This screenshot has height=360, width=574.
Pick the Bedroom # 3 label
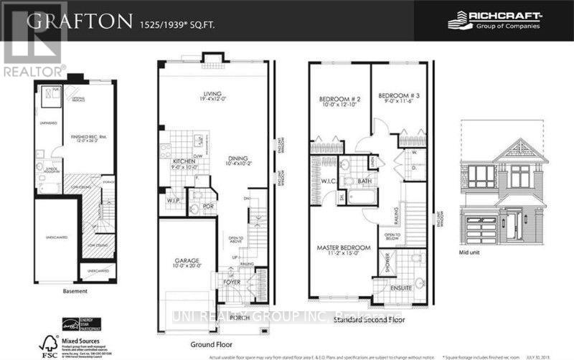(397, 95)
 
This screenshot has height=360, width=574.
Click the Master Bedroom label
(343, 247)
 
